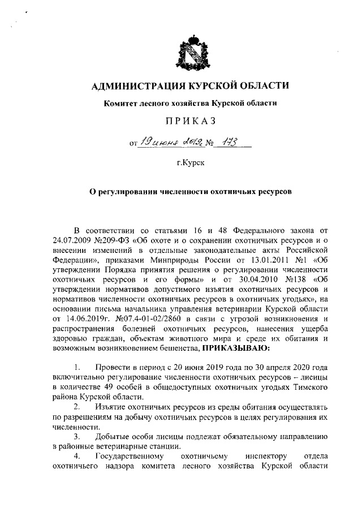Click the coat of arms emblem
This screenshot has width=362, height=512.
coord(189,53)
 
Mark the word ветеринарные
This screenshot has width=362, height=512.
coord(109,447)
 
